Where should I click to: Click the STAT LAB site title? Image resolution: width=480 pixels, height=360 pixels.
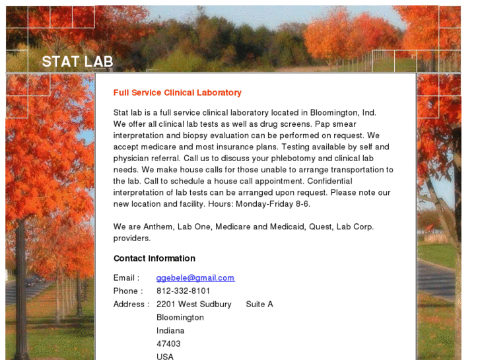pos(77,62)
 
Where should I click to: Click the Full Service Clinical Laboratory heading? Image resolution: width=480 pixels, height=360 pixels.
pos(177,93)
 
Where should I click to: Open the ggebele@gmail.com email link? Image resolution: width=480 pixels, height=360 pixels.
pos(195,278)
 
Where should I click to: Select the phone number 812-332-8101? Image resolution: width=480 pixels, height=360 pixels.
pos(183,291)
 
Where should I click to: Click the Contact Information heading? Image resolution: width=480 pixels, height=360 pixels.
pos(154,258)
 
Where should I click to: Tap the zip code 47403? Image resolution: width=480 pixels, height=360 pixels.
pos(168,344)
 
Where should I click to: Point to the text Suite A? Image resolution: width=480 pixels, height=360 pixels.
pos(259,305)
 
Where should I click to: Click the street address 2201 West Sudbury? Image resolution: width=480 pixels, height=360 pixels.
pos(193,305)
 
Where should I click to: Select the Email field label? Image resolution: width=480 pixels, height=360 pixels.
pos(125,278)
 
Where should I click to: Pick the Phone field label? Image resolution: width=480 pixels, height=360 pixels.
pos(127,291)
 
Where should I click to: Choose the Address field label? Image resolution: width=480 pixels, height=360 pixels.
pos(131,305)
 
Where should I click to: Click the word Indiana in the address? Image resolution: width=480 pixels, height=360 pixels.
pos(170,331)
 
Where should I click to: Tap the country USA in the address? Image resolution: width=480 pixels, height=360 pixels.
pos(165,357)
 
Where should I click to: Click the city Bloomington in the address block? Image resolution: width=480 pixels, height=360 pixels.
pos(180,318)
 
